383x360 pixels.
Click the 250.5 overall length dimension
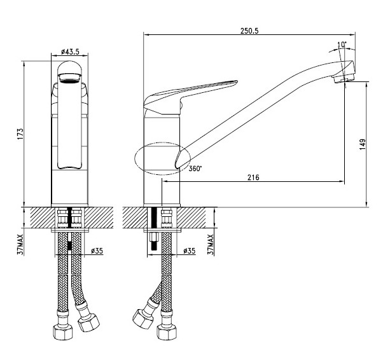(249, 31)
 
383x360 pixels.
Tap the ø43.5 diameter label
(70, 52)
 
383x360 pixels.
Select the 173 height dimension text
(20, 134)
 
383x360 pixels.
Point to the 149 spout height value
(363, 144)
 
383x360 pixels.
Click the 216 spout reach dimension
(253, 177)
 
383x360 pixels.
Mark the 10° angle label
(342, 45)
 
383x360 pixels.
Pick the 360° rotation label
(195, 169)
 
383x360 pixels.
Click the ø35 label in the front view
(97, 251)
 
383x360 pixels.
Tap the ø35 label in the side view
(190, 251)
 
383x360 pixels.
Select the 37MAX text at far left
(20, 244)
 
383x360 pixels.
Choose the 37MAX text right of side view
(211, 244)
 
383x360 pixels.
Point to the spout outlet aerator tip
(344, 79)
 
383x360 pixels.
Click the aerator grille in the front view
(69, 79)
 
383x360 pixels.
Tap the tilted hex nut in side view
(143, 319)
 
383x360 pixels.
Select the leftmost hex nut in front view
(63, 332)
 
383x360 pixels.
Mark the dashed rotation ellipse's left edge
(135, 158)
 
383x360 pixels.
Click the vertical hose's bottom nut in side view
(167, 332)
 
